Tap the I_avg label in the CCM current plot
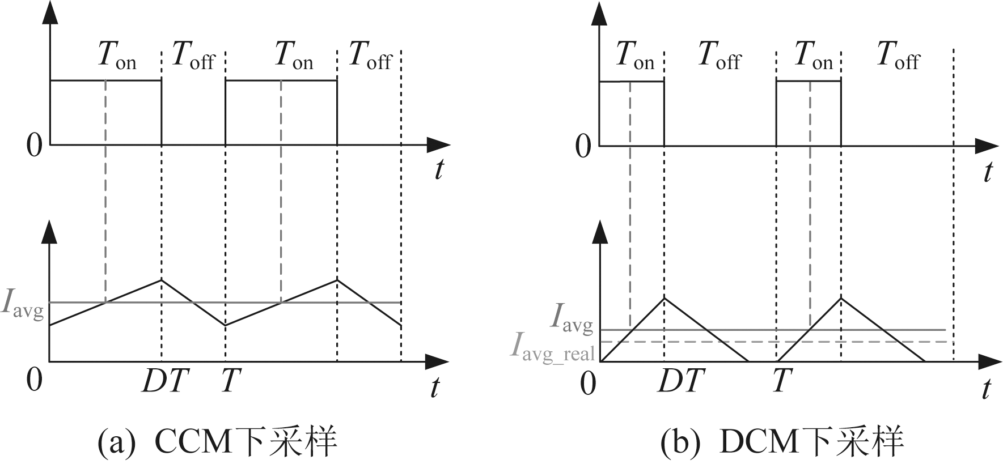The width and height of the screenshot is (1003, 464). pos(23,305)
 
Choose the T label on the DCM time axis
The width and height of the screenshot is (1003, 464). pos(780,381)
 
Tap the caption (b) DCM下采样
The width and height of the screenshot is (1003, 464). pos(781,442)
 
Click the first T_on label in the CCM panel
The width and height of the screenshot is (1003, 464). pos(117,56)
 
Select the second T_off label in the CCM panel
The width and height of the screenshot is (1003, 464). pos(370,56)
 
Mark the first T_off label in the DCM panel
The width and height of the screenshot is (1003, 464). pos(719,56)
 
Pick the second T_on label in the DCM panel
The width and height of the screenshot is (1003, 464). pos(813,56)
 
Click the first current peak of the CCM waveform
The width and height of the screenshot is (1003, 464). pos(162,280)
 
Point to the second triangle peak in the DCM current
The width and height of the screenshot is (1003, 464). pos(841,298)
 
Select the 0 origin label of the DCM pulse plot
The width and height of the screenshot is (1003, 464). pos(583,147)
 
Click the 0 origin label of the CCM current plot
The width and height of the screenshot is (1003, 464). pos(34,380)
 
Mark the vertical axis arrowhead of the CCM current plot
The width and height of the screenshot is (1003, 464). pos(50,231)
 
